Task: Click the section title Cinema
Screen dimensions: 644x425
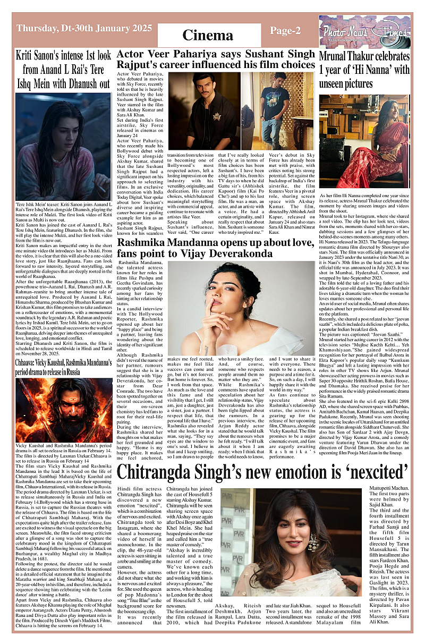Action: [x=208, y=35]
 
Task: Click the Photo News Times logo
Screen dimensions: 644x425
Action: [x=354, y=31]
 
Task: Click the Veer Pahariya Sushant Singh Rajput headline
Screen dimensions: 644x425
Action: [x=216, y=60]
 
